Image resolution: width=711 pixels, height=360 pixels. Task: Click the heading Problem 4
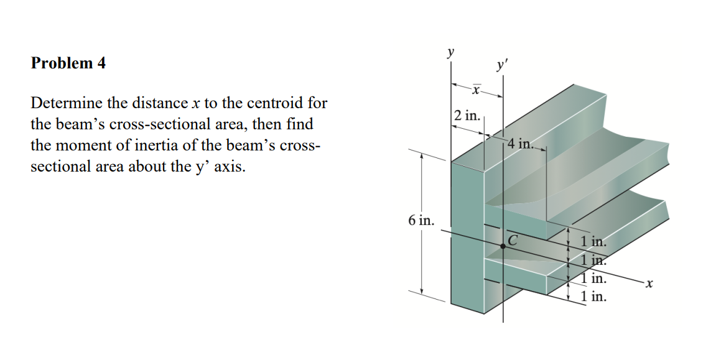[68, 63]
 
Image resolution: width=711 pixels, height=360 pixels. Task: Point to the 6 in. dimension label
[421, 220]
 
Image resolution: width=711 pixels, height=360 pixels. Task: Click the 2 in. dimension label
[467, 116]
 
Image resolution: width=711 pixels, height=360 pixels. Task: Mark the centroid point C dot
[503, 246]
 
